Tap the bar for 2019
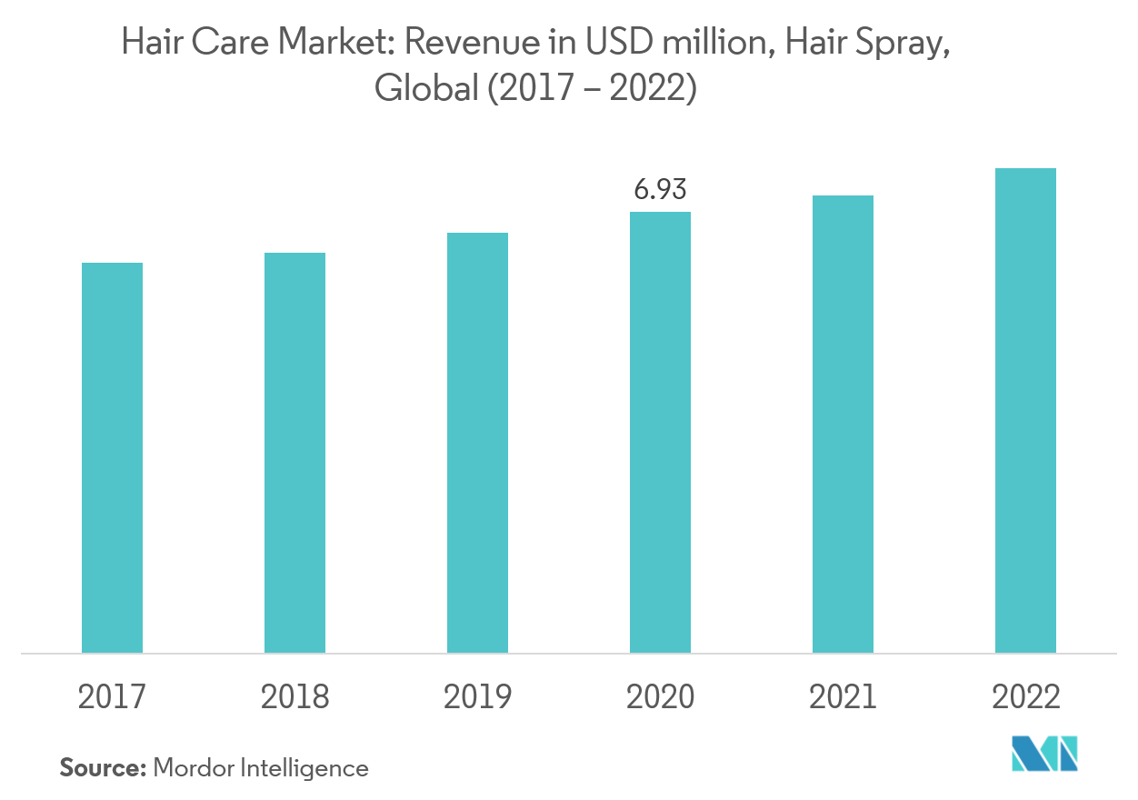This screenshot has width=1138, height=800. tap(477, 443)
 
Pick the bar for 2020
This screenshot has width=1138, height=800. tap(660, 432)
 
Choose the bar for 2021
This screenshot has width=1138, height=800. tap(843, 424)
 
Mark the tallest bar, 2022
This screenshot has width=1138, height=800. tap(1025, 410)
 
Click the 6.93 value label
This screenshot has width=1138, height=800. tap(660, 189)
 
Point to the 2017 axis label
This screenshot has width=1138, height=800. tap(112, 697)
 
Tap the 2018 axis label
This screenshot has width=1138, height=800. tap(294, 697)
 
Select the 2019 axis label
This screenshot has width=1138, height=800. tap(477, 697)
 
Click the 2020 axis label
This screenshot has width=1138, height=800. tap(660, 697)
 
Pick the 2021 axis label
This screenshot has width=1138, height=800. tap(843, 697)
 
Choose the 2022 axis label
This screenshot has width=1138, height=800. tap(1025, 697)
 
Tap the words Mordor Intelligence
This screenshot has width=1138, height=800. tap(261, 768)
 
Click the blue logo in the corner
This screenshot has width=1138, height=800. tap(1044, 753)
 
